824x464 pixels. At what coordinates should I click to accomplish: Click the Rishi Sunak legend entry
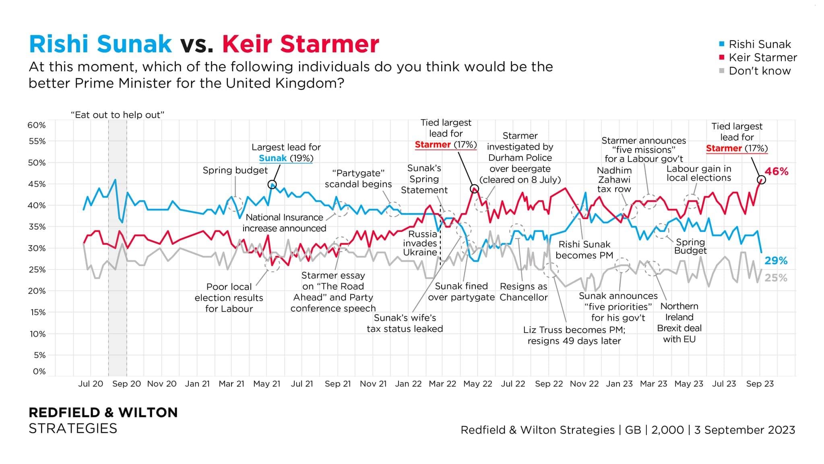point(760,44)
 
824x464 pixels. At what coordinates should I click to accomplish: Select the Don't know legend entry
point(760,71)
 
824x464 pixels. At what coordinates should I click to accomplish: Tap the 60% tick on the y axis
point(37,125)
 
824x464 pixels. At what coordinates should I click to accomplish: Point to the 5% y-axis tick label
point(39,355)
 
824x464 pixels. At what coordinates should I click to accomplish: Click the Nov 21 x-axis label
point(373,384)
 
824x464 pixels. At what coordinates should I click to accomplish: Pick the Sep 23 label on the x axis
point(760,384)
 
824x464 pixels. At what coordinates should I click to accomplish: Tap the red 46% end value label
point(777,172)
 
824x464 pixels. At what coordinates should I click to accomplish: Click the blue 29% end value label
point(776,261)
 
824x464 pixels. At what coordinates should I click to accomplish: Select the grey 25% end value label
point(776,278)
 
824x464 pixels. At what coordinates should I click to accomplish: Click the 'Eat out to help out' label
point(118,115)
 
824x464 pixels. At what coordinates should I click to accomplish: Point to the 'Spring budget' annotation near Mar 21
point(235,170)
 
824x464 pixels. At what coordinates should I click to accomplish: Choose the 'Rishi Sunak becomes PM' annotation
point(584,250)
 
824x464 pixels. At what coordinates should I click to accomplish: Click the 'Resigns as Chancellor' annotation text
point(524,292)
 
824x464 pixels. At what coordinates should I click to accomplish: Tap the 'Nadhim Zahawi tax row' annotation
point(614,180)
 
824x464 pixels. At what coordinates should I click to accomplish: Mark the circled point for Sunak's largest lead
point(272,185)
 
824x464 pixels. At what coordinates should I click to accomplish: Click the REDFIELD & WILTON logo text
point(103,412)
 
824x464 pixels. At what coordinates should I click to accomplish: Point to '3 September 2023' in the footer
point(745,430)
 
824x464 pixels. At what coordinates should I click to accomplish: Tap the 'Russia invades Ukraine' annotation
point(420,243)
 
